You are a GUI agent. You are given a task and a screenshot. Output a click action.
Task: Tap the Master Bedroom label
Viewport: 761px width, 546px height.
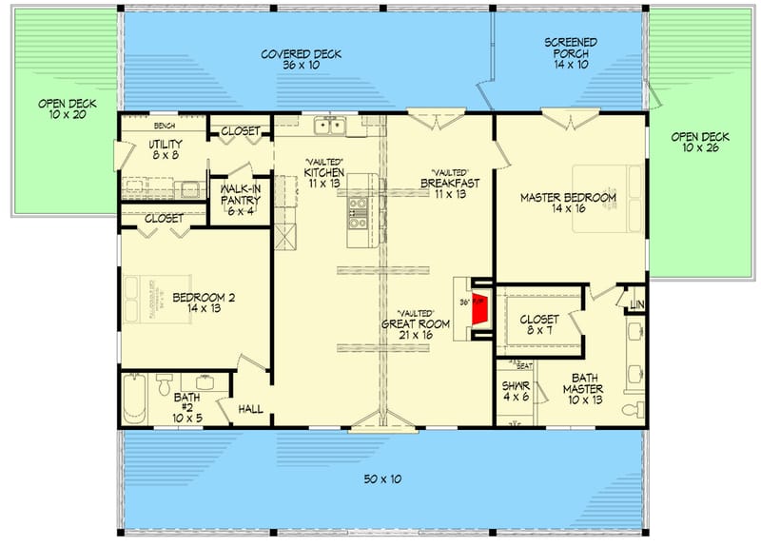pos(568,203)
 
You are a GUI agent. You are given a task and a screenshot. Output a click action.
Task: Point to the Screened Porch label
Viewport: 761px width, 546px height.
pos(570,54)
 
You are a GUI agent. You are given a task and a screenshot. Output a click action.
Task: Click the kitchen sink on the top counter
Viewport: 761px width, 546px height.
pos(330,125)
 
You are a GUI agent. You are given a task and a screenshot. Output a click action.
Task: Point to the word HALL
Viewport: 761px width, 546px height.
pos(250,409)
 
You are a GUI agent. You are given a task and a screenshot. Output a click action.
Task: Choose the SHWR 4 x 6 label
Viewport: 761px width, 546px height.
pos(515,391)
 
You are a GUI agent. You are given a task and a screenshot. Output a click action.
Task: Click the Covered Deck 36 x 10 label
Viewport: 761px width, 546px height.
pos(302,60)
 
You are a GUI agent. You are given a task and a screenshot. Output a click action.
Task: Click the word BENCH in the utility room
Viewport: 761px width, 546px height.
pos(165,125)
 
